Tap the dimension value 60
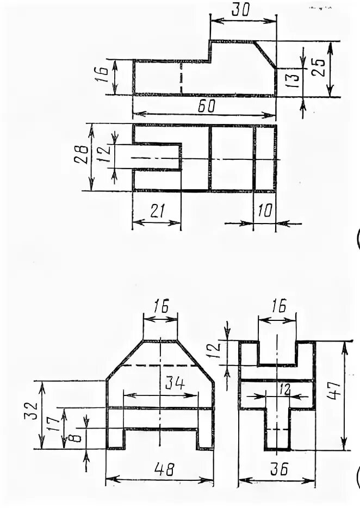206,107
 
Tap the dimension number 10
265,212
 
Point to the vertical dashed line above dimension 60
181,77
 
